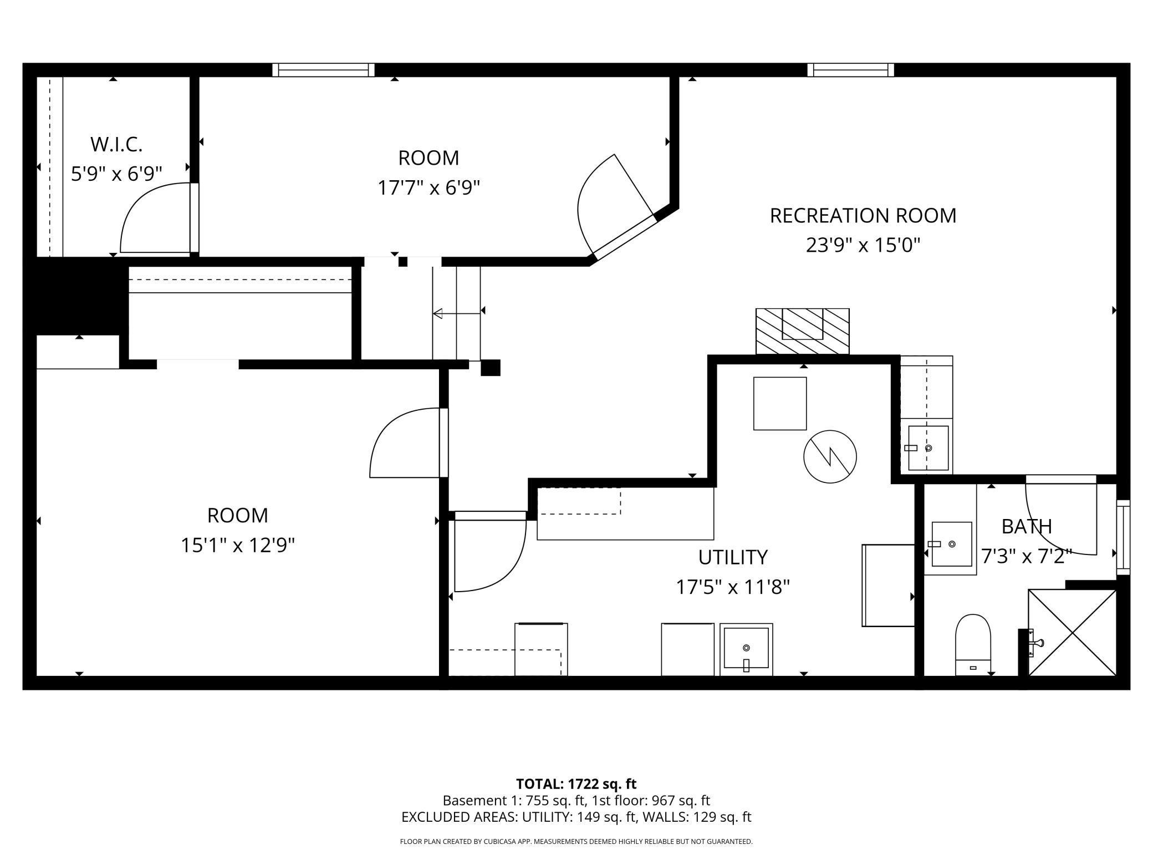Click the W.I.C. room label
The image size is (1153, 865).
click(116, 144)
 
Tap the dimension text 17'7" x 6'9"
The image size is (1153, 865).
click(428, 188)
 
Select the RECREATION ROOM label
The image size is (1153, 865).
click(863, 215)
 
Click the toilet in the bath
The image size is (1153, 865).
click(973, 644)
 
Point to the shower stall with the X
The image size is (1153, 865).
click(1072, 632)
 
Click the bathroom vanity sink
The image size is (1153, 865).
click(951, 544)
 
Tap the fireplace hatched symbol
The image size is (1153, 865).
click(802, 331)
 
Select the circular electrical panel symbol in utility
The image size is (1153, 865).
click(830, 456)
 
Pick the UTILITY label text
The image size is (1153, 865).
click(732, 557)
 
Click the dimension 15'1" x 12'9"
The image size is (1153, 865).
click(237, 545)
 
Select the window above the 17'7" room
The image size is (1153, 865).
click(323, 70)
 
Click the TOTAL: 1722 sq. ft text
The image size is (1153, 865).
click(576, 784)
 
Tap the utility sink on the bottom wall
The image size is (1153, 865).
click(746, 649)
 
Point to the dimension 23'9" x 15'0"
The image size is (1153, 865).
click(863, 245)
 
